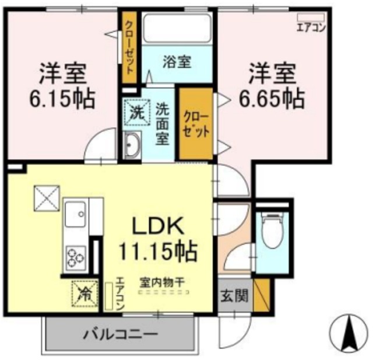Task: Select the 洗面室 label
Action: (163, 124)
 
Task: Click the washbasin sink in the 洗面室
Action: (131, 145)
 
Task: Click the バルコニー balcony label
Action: (119, 335)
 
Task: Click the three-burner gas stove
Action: (76, 255)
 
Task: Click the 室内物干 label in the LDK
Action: (161, 282)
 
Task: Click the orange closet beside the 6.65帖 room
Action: (196, 123)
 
